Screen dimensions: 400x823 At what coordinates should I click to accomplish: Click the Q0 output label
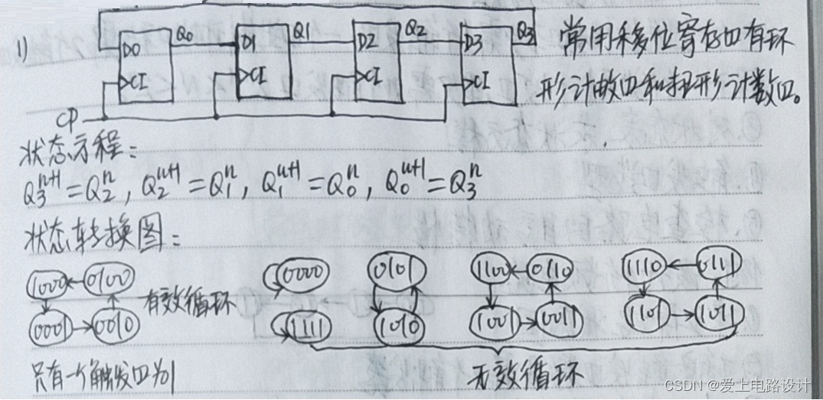tap(186, 34)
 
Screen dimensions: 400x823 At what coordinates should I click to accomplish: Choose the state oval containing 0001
tap(51, 330)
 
